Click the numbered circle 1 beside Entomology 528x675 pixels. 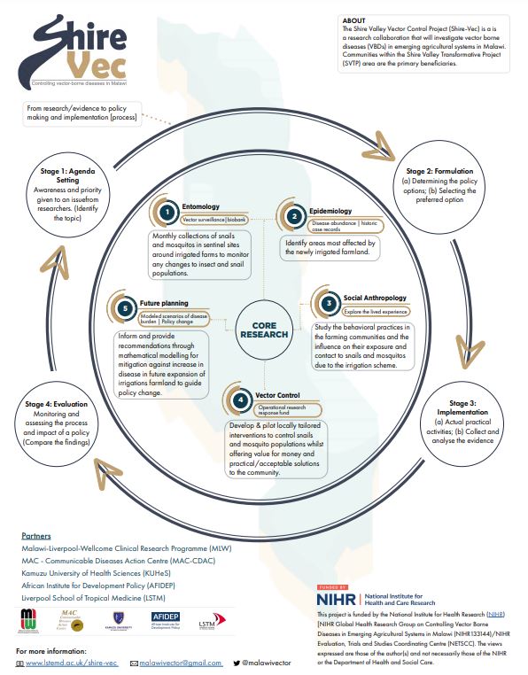pyautogui.click(x=166, y=212)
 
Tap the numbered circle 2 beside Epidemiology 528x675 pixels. pyautogui.click(x=293, y=216)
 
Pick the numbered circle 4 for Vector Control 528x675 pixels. pyautogui.click(x=239, y=399)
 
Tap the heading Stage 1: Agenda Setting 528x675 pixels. pyautogui.click(x=61, y=174)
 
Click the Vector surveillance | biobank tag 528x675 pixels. pyautogui.click(x=214, y=218)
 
